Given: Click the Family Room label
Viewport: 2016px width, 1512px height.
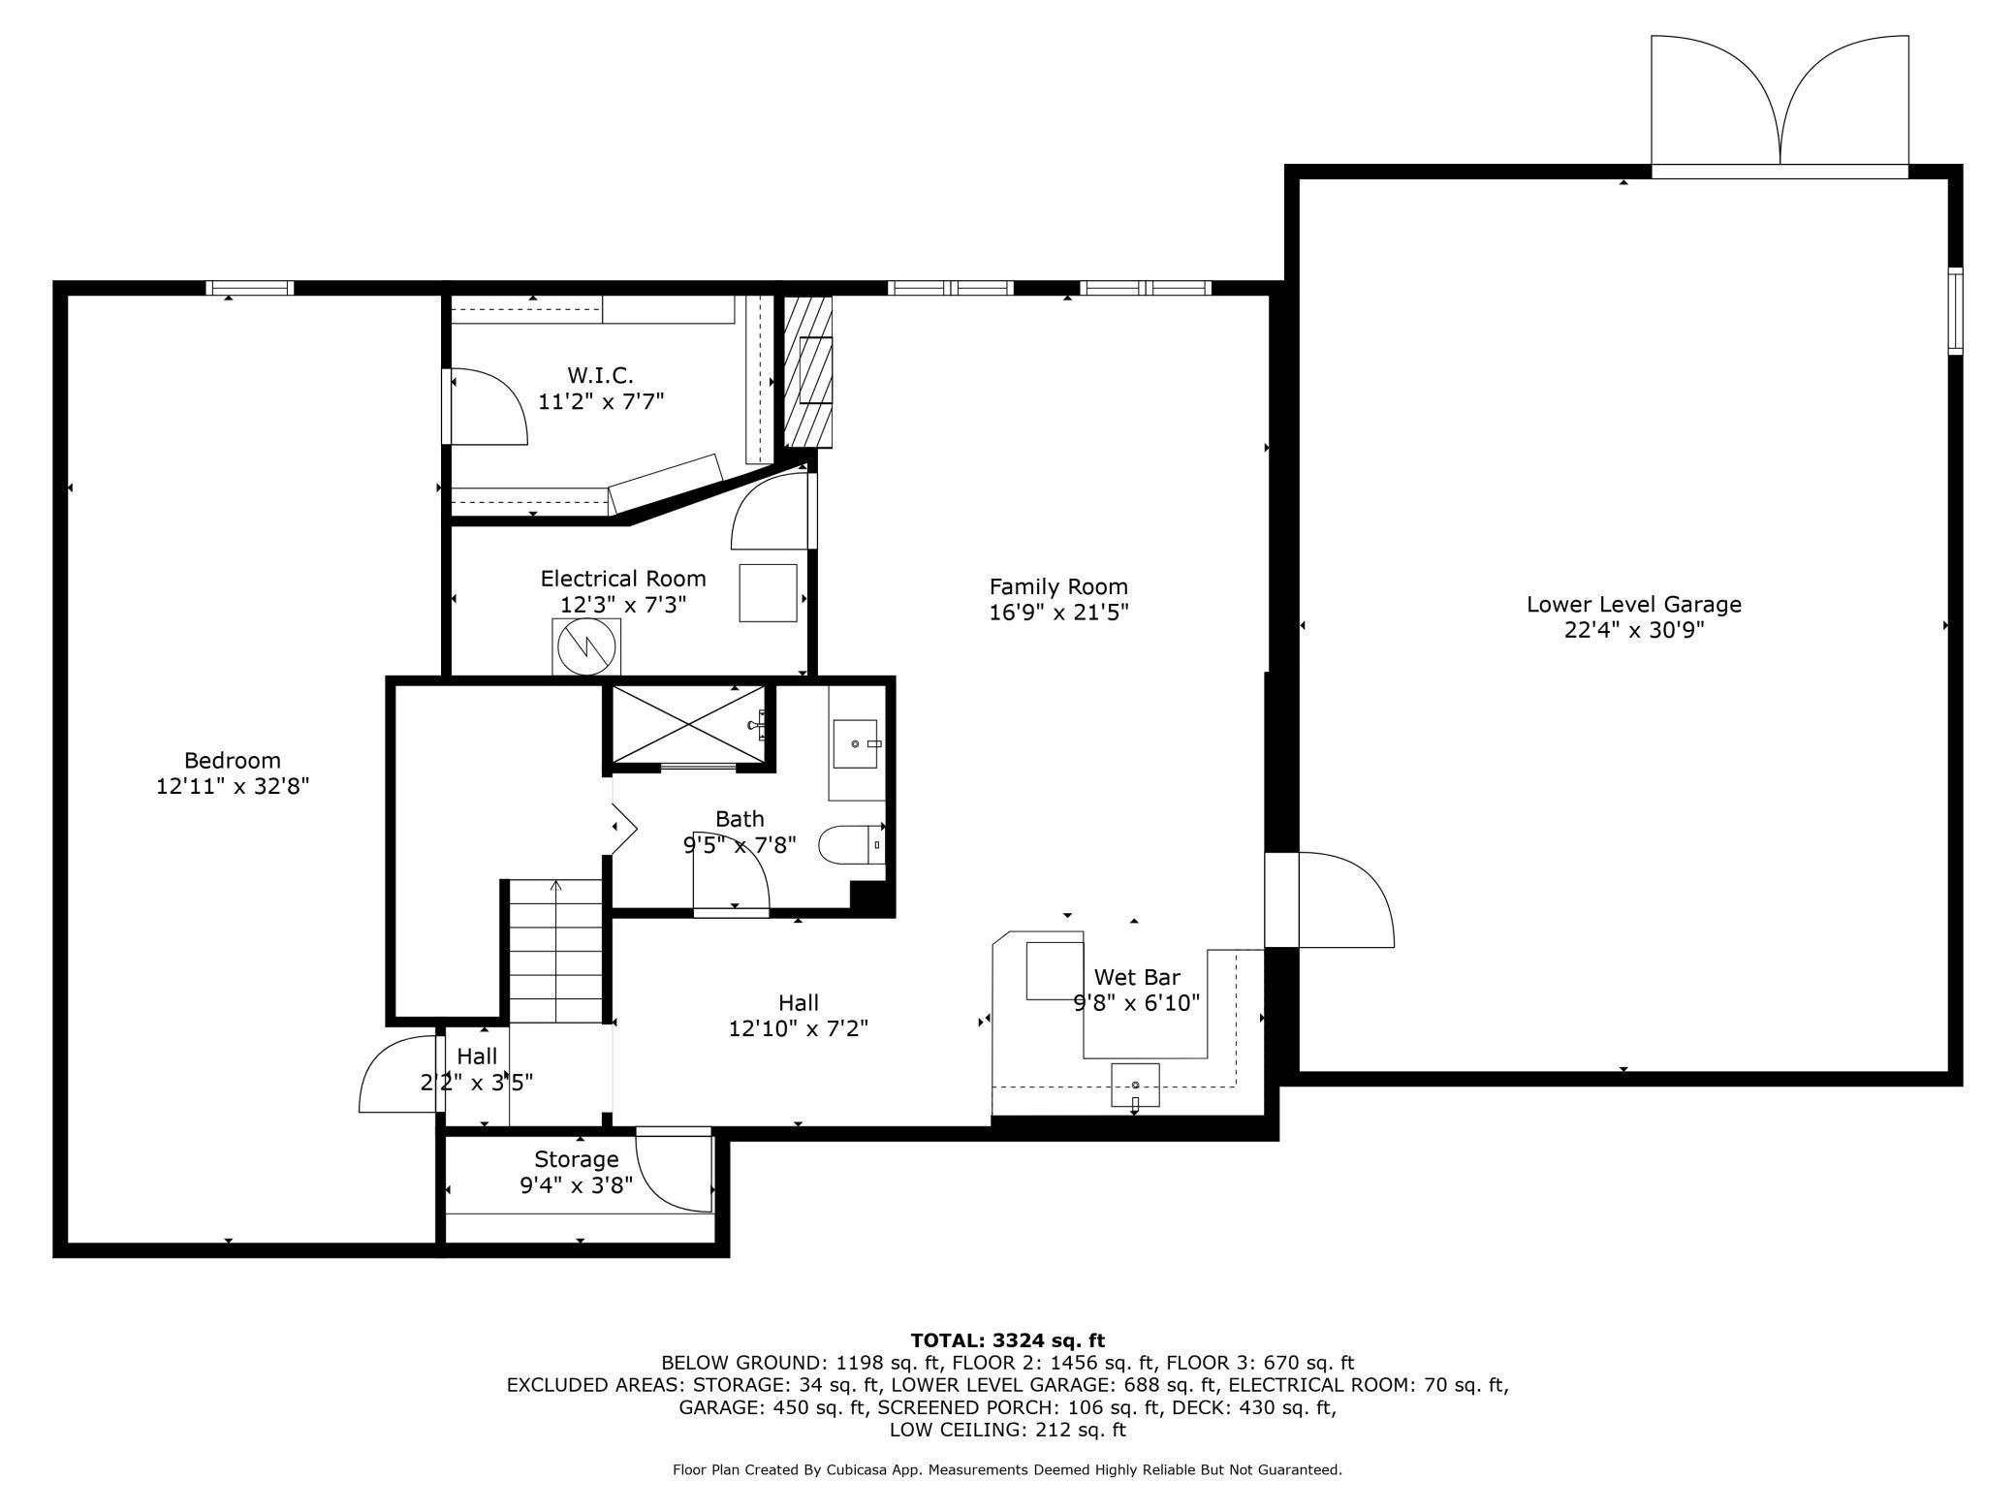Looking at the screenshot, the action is tap(1058, 586).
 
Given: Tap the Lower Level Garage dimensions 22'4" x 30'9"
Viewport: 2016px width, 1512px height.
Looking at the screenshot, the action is tap(1634, 630).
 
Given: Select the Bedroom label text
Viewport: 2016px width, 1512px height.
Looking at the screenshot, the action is tap(233, 761).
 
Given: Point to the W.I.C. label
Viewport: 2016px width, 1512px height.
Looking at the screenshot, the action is tap(601, 375).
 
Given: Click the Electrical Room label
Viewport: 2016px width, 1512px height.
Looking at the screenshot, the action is tap(623, 579).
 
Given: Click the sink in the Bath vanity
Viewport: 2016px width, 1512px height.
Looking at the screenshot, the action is tap(855, 743).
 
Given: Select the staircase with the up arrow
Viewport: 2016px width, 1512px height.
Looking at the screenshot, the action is tap(556, 951).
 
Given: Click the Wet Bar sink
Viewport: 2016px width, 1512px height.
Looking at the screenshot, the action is tap(1135, 1084).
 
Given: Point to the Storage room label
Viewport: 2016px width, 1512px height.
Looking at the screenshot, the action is tap(577, 1159).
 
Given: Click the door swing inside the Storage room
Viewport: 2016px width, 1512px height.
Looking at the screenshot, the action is tap(675, 1171).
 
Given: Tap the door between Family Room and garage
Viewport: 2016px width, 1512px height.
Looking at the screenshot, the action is tap(1330, 899).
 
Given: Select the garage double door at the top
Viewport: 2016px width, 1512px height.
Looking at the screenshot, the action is tap(1780, 107).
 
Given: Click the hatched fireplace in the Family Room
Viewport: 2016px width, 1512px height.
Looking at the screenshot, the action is tap(808, 371).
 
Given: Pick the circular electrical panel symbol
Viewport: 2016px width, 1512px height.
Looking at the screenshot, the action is tap(585, 646).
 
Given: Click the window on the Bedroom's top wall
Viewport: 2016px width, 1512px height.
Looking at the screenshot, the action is tap(249, 288).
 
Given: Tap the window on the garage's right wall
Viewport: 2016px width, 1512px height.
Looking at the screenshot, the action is tap(1955, 310).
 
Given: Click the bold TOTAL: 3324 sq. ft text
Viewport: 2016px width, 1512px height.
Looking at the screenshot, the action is tap(1008, 1340).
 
